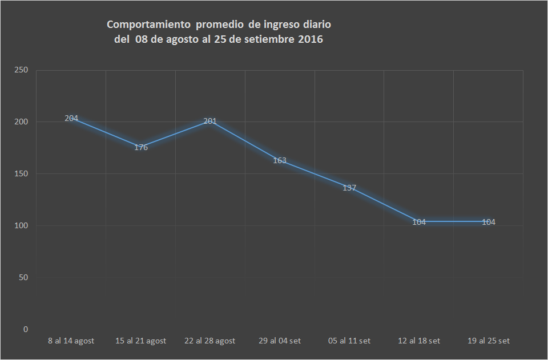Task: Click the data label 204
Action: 71,119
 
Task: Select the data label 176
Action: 141,148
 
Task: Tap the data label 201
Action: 210,122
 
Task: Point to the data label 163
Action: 280,161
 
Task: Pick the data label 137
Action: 349,188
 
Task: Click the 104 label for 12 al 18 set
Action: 419,223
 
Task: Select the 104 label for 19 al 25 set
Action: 489,223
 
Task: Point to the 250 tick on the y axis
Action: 21,70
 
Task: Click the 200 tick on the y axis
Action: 21,122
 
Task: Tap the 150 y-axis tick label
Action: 21,174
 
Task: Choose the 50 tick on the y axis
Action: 23,278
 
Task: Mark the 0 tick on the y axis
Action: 26,330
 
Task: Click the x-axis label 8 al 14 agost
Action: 71,341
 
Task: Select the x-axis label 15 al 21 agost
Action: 141,341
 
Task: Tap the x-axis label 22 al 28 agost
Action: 210,341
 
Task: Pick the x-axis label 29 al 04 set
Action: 280,341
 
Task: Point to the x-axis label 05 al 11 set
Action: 349,341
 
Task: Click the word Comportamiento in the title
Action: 148,25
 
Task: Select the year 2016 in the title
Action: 311,40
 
